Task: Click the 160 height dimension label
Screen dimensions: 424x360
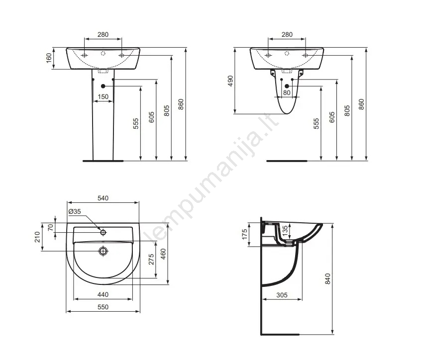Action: pyautogui.click(x=49, y=58)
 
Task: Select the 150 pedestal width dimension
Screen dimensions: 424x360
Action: pyautogui.click(x=103, y=96)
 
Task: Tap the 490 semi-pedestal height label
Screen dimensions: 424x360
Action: pyautogui.click(x=230, y=81)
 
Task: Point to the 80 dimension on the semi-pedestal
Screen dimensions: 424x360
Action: pyautogui.click(x=287, y=92)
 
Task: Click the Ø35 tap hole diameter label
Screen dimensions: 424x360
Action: pyautogui.click(x=75, y=211)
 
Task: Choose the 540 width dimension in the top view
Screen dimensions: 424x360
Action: pyautogui.click(x=103, y=198)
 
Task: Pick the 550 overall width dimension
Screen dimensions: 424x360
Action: pyautogui.click(x=103, y=307)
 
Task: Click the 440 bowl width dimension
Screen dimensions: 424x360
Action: pyautogui.click(x=103, y=294)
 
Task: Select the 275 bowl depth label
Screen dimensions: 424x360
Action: pyautogui.click(x=151, y=259)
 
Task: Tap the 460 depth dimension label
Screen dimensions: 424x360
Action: pyautogui.click(x=163, y=254)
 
